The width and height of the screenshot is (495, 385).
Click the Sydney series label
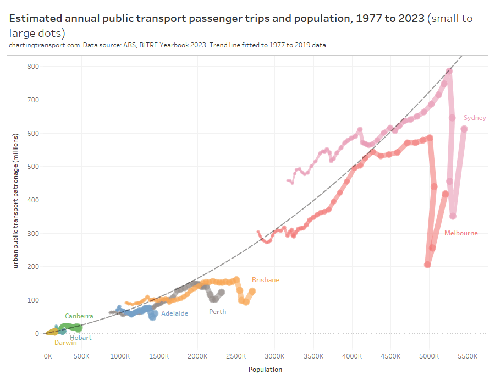click(475, 118)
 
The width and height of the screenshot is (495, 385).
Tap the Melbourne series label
click(461, 233)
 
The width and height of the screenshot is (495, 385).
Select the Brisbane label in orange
click(266, 280)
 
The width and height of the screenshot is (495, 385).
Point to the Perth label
click(217, 312)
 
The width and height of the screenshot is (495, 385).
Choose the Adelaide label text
click(174, 313)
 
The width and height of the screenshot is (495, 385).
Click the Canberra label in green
click(79, 316)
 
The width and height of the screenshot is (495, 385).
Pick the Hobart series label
click(81, 338)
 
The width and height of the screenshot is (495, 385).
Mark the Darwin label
click(65, 343)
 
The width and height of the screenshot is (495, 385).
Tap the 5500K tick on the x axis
click(467, 356)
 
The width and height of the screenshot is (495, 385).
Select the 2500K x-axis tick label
click(236, 356)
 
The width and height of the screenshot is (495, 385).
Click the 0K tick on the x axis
click(48, 356)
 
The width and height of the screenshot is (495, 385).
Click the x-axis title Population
click(265, 370)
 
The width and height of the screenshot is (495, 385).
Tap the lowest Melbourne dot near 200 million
click(427, 265)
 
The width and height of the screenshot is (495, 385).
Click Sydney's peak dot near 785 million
click(449, 71)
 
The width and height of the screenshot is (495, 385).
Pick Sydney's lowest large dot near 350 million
click(453, 216)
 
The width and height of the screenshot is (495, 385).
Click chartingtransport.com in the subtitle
click(44, 45)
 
